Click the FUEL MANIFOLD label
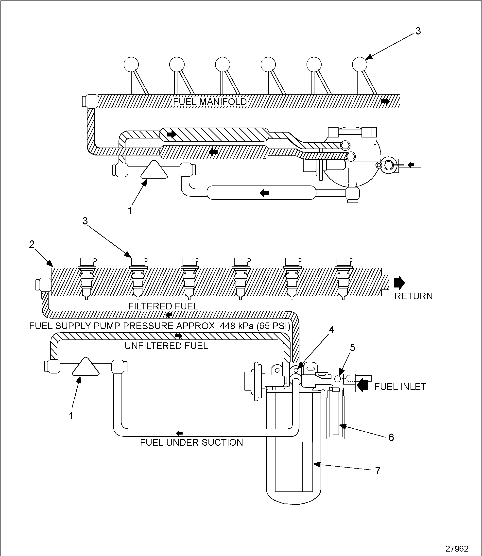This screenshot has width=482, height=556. click(x=209, y=102)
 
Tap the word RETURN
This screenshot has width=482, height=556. click(x=413, y=296)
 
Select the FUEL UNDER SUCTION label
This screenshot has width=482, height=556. click(x=191, y=442)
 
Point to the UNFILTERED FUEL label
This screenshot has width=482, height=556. click(x=166, y=346)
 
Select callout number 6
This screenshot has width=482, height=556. click(x=391, y=438)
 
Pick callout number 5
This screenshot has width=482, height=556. click(x=352, y=348)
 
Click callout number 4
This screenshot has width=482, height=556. click(x=331, y=330)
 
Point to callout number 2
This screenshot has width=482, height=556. click(x=32, y=244)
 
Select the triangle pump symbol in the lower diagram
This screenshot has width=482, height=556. click(x=86, y=367)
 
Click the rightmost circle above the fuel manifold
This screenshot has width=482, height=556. click(x=360, y=65)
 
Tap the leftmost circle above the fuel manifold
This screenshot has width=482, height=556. click(x=131, y=65)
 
